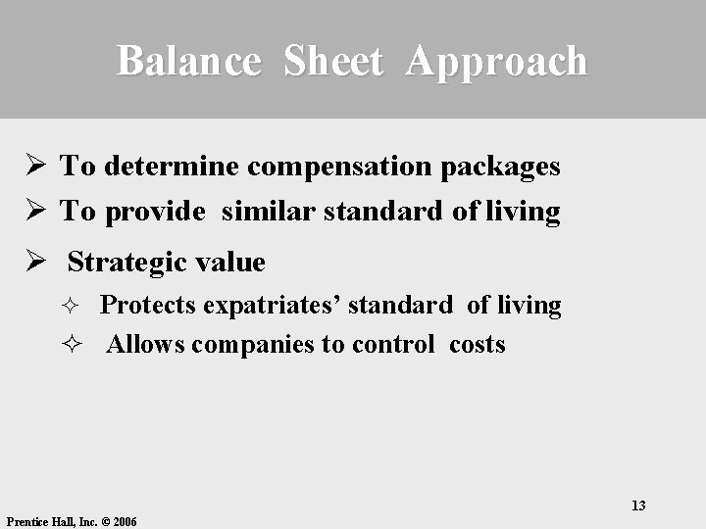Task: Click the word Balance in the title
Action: [189, 61]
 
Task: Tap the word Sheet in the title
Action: [332, 61]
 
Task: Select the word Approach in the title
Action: [496, 61]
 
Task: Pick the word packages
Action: [500, 167]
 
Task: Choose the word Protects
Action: [148, 306]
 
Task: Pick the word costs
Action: [478, 345]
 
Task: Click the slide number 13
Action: [638, 505]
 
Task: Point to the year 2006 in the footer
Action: [125, 522]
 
